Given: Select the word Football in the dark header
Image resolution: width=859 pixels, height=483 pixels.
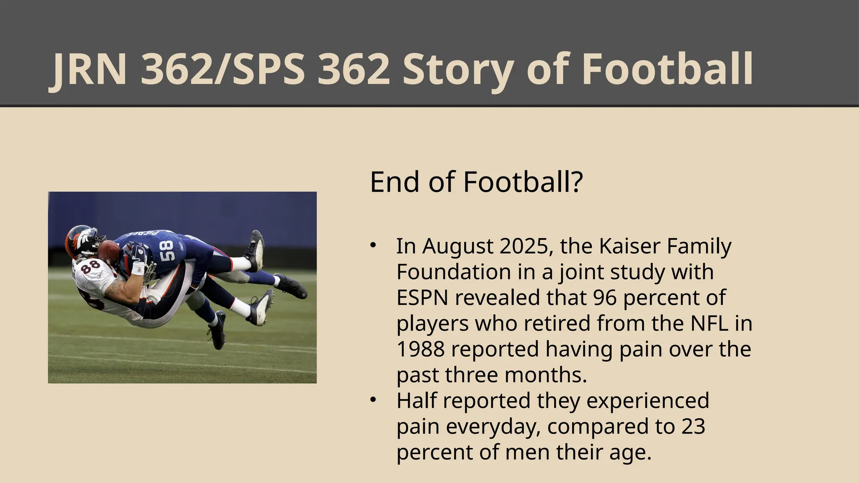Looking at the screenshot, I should pos(667,69).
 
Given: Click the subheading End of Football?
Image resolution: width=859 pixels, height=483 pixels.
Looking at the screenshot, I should pos(476,182).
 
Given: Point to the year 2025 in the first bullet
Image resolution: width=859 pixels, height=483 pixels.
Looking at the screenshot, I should pos(523,246).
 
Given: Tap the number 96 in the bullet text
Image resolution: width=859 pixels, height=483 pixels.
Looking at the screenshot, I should pos(605,298).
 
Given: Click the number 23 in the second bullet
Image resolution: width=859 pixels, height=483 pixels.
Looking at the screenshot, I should pos(693,426).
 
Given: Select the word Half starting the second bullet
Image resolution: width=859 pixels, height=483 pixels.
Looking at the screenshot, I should pos(417,400).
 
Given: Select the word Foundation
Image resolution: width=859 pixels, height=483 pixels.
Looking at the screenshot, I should pos(453,272).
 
